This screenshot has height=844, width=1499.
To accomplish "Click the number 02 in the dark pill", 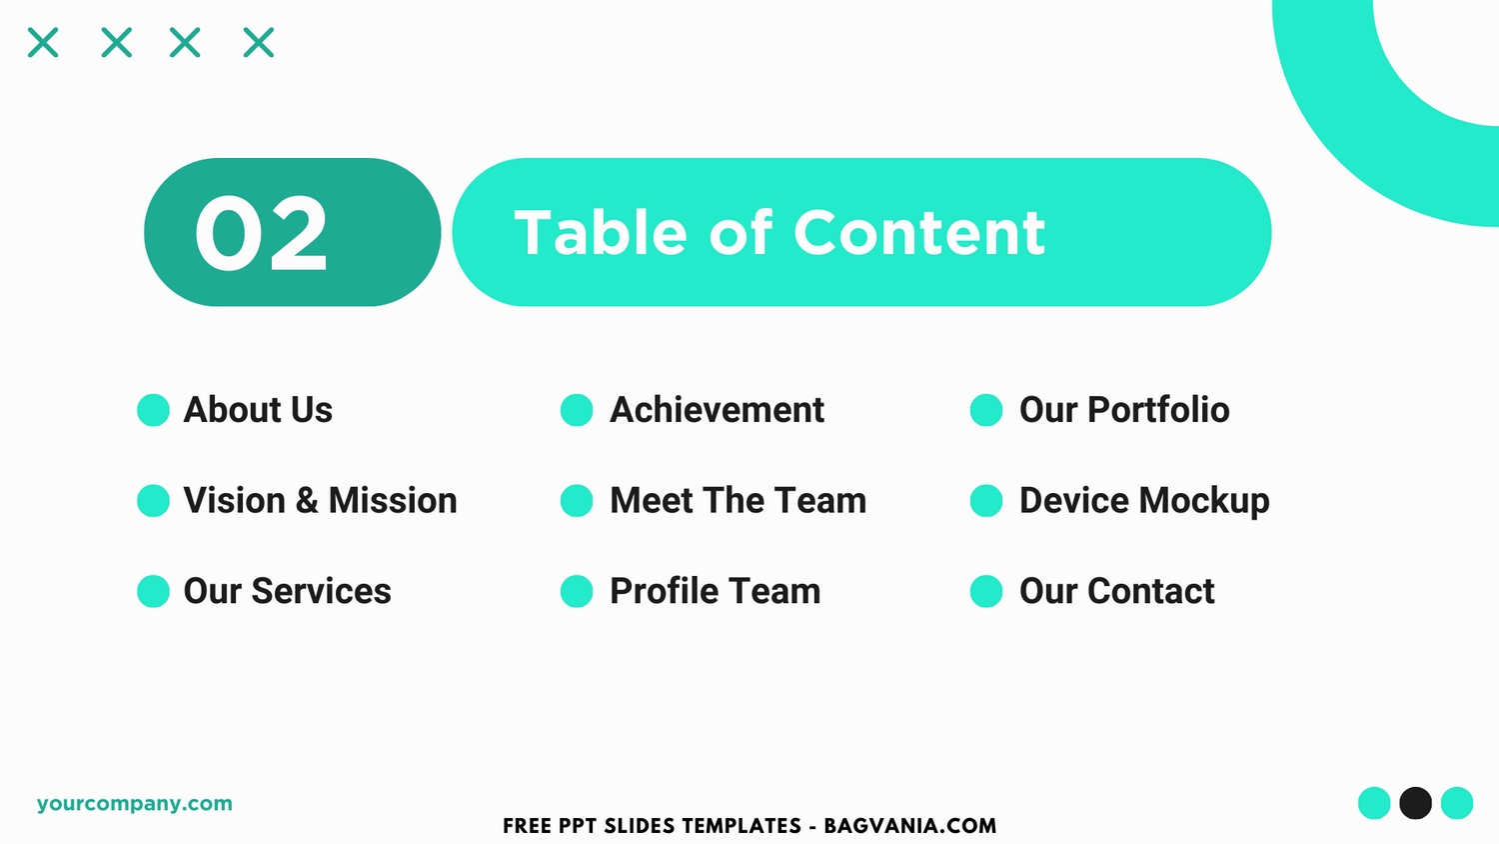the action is [x=261, y=233].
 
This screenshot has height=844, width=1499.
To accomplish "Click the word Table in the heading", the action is [x=601, y=232].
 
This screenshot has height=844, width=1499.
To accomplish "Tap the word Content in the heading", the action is [x=918, y=233].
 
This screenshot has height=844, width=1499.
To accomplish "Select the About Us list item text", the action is [x=258, y=409].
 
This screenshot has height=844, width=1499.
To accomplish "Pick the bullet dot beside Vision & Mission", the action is [x=153, y=500].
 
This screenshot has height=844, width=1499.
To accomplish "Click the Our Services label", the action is [x=287, y=591].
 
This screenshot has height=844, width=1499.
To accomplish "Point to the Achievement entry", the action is [x=717, y=409].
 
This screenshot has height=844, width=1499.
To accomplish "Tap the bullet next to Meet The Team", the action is [x=577, y=500].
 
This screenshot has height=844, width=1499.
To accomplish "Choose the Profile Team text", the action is [x=715, y=591].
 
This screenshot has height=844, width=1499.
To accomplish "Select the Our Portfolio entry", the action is [x=1124, y=409].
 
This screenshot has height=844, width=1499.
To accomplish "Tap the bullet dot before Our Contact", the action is [x=986, y=591].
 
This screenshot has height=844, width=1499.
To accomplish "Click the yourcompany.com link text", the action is [x=135, y=803].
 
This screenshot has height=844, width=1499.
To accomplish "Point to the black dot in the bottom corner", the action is [x=1415, y=802].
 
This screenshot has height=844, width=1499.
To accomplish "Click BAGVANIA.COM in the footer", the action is [x=910, y=826].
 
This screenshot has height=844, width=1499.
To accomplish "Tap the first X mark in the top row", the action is [x=43, y=42].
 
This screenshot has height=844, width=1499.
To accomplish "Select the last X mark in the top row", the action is [x=258, y=42].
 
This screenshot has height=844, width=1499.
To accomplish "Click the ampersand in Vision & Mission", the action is [x=307, y=500].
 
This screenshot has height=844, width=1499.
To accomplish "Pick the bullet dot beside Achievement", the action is [x=577, y=410].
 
